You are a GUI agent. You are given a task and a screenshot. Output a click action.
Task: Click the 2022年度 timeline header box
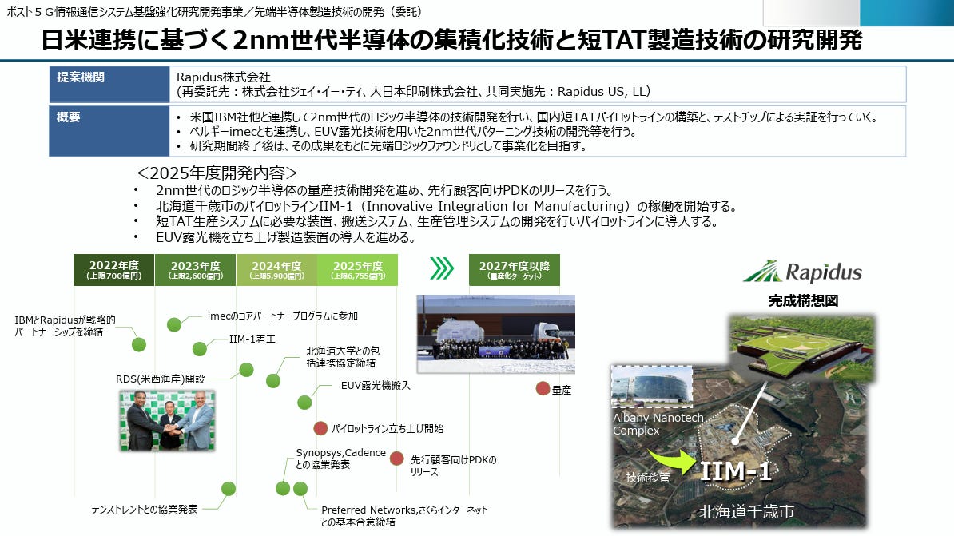pyautogui.click(x=114, y=269)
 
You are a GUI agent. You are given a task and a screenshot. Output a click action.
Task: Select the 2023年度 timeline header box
pyautogui.click(x=195, y=269)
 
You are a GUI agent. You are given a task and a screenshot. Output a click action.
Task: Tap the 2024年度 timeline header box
pyautogui.click(x=276, y=269)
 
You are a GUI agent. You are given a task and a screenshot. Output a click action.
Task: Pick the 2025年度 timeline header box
pyautogui.click(x=357, y=269)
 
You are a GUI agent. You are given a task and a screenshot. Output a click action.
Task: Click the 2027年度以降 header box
pyautogui.click(x=514, y=269)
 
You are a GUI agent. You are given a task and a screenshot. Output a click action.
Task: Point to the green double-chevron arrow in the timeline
pyautogui.click(x=441, y=268)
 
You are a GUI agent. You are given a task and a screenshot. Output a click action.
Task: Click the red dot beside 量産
pyautogui.click(x=543, y=389)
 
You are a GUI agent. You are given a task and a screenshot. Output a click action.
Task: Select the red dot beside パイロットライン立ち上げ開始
pyautogui.click(x=320, y=428)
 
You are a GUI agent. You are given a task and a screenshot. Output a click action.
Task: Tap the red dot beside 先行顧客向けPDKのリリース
pyautogui.click(x=396, y=459)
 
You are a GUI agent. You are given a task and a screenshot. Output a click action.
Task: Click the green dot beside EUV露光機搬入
pyautogui.click(x=304, y=402)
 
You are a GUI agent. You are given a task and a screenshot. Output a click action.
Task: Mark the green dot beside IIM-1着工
pyautogui.click(x=200, y=348)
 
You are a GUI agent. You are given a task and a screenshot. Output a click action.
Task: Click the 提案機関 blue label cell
pyautogui.click(x=109, y=84)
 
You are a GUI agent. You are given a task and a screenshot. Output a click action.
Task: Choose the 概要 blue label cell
pyautogui.click(x=109, y=130)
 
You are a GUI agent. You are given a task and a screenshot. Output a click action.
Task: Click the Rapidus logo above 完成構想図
pyautogui.click(x=803, y=272)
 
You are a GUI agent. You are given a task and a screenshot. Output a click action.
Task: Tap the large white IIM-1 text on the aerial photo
pyautogui.click(x=735, y=472)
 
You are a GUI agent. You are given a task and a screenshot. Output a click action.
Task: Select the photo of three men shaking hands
pyautogui.click(x=166, y=420)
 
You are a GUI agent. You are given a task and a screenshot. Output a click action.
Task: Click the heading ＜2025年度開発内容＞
pyautogui.click(x=217, y=173)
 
